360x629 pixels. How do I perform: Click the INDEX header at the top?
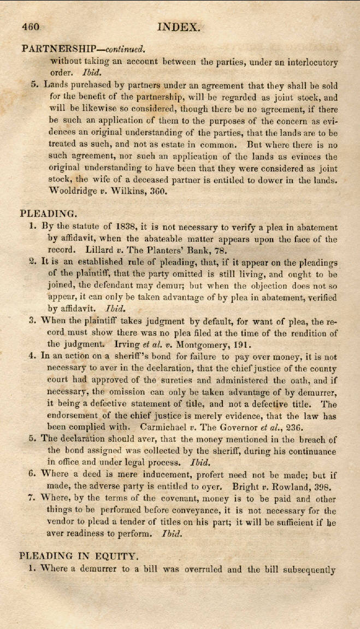[x=179, y=26]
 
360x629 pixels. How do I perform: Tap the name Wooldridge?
[x=75, y=191]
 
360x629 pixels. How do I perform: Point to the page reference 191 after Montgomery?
[x=241, y=344]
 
